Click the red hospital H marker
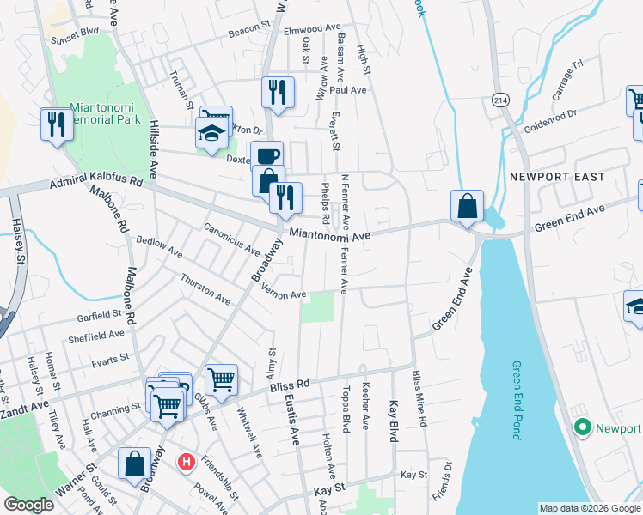click(186, 463)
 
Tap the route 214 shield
click(499, 100)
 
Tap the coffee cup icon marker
click(266, 155)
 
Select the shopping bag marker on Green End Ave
click(467, 206)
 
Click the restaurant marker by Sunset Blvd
click(56, 124)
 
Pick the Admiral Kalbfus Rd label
click(95, 182)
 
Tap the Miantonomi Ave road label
click(329, 234)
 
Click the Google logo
click(28, 505)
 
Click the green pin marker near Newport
click(582, 427)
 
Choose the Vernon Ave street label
click(284, 294)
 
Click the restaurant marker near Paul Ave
click(278, 92)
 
